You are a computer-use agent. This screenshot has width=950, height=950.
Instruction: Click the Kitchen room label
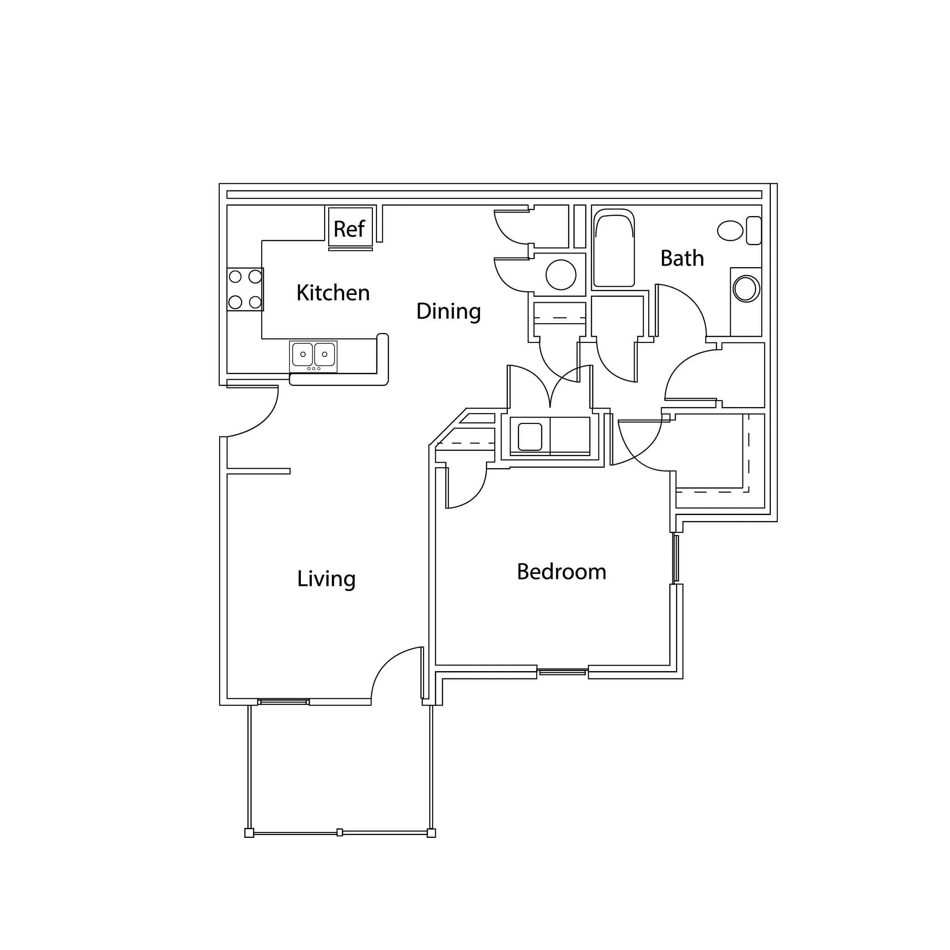[x=333, y=293]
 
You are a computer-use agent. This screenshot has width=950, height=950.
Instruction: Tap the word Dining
[x=449, y=312]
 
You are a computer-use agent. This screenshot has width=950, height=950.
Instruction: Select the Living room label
[x=326, y=579]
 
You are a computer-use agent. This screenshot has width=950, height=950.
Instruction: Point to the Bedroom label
[x=562, y=572]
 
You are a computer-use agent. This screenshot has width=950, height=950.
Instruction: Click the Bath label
[x=682, y=258]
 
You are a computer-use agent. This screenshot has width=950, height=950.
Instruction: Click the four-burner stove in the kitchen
[x=245, y=289]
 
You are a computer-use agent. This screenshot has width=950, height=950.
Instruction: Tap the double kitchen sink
[x=313, y=356]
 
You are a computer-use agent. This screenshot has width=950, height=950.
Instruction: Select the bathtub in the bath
[x=614, y=248]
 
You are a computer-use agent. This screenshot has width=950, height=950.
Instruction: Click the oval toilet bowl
[x=730, y=231]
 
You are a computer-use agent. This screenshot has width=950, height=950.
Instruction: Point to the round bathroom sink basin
[x=746, y=289]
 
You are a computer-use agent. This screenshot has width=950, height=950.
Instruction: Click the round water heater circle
[x=561, y=275]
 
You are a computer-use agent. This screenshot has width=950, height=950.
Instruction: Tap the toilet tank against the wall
[x=754, y=230]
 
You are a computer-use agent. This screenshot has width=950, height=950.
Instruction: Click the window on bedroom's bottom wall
[x=563, y=671]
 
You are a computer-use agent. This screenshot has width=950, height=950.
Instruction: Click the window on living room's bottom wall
[x=284, y=702]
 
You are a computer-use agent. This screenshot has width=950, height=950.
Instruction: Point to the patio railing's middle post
[x=340, y=832]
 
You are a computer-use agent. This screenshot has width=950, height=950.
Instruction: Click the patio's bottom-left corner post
[x=249, y=833]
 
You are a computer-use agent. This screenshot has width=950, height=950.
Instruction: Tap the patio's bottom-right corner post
[x=431, y=833]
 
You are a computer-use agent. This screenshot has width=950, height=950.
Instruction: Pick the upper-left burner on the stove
[x=235, y=277]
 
